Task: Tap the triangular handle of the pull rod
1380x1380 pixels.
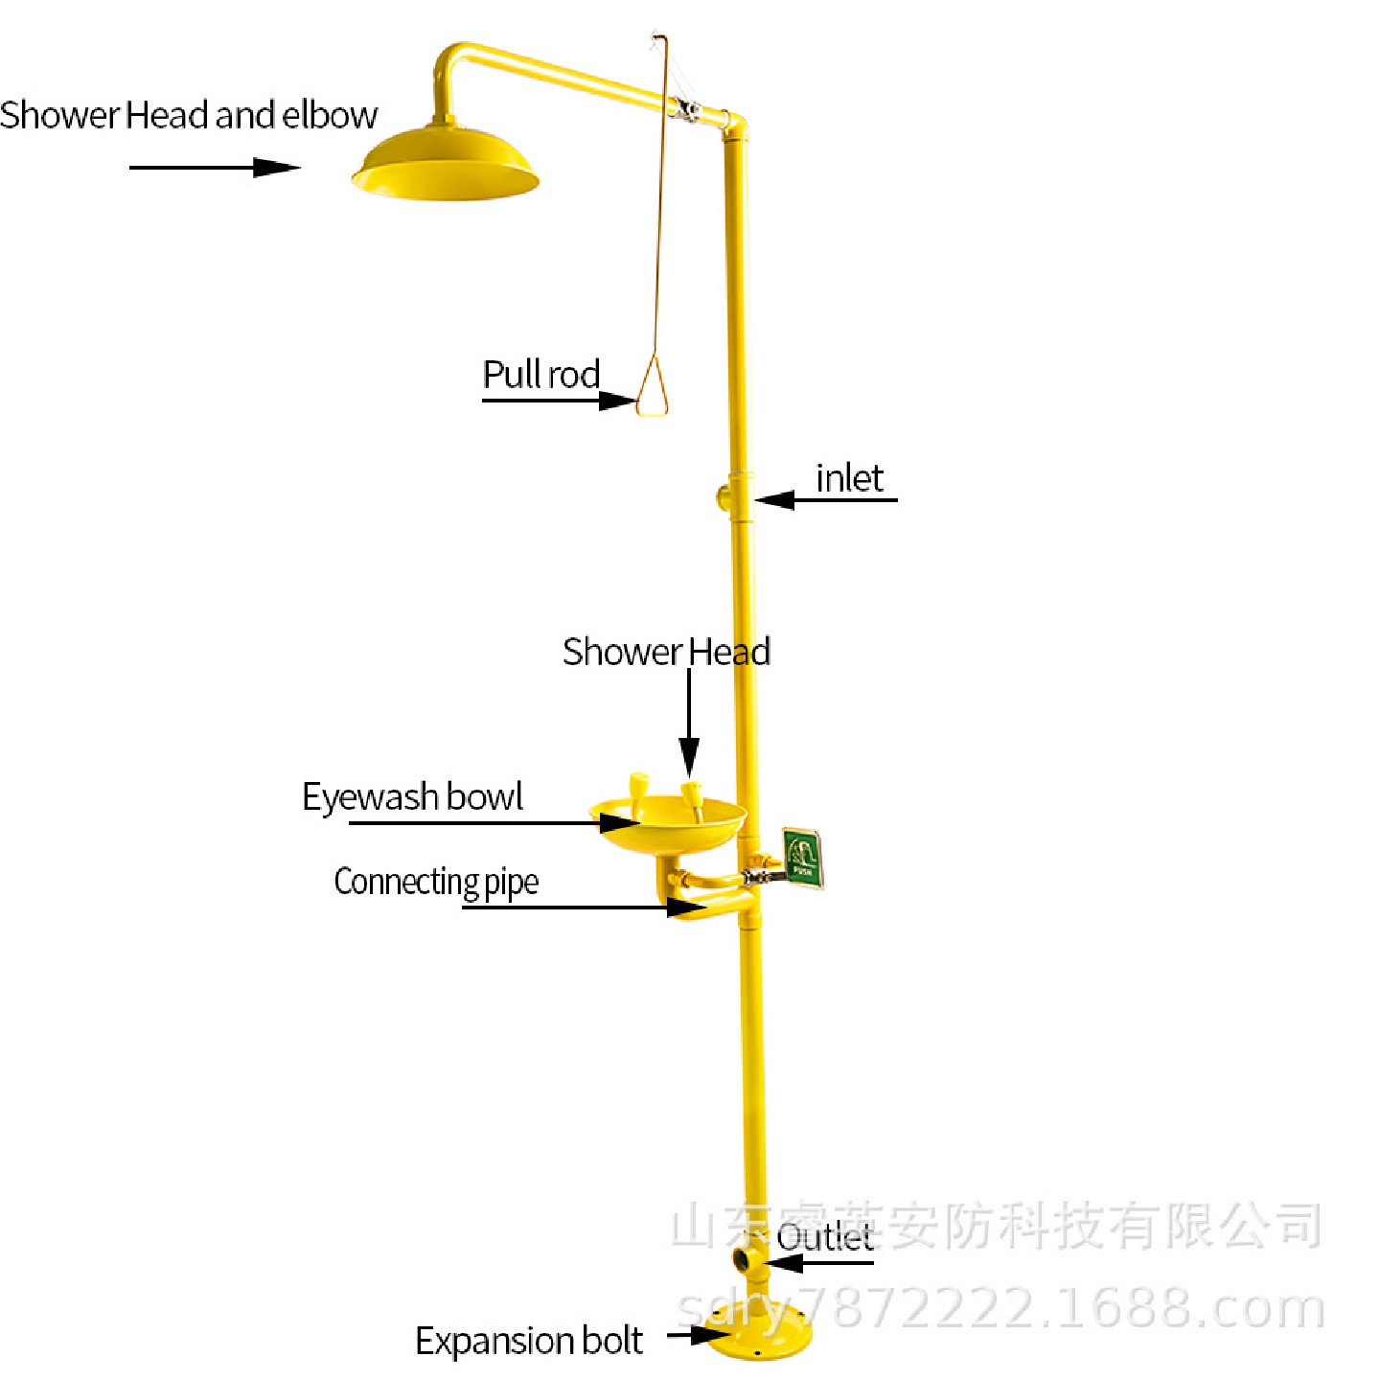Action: [x=653, y=388]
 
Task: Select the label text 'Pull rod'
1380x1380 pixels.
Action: [x=541, y=374]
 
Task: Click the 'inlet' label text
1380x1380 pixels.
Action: [x=849, y=478]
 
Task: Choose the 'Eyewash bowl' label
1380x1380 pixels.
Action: [x=412, y=796]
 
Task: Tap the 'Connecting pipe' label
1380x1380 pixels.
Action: [x=436, y=882]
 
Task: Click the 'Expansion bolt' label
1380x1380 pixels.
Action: [x=529, y=1340]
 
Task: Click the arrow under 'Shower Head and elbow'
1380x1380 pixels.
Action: [x=215, y=168]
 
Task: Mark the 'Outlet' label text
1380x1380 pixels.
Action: [x=824, y=1236]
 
